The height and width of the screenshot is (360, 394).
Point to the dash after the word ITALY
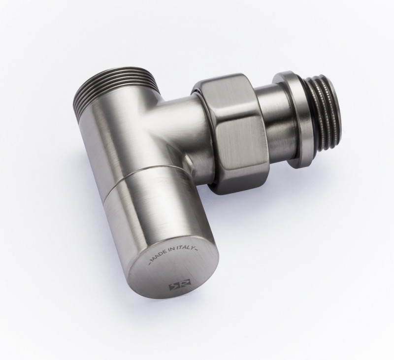pyautogui.click(x=197, y=250)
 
